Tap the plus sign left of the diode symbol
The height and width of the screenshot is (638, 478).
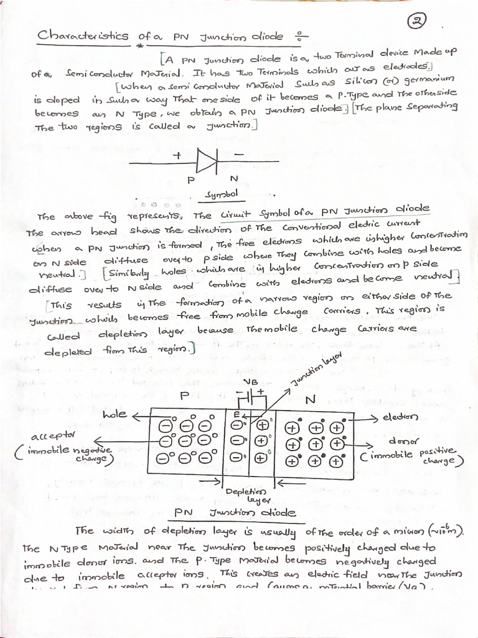tap(177, 156)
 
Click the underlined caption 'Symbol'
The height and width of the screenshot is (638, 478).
tap(217, 196)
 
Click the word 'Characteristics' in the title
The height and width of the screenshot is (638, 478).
tap(83, 36)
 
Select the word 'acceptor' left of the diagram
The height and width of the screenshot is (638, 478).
tap(52, 434)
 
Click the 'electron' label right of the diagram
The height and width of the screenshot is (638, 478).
tap(400, 417)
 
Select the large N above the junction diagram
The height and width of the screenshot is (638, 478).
tap(310, 398)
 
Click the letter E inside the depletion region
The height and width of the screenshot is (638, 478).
tap(237, 414)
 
